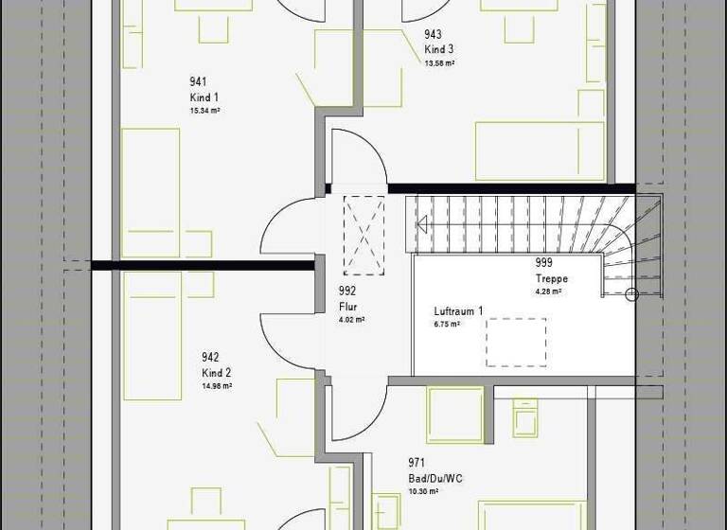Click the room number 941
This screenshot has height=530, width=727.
[198, 82]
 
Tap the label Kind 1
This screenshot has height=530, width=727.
[204, 97]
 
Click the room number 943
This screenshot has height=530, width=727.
[433, 34]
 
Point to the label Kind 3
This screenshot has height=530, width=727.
[439, 49]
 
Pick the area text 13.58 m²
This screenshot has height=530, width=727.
[440, 62]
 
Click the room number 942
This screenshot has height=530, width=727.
[210, 358]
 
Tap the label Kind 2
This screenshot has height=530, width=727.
[216, 373]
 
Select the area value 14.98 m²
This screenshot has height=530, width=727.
[217, 386]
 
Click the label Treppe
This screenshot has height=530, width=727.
[550, 279]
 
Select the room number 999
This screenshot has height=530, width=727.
[543, 264]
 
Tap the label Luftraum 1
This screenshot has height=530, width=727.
[458, 311]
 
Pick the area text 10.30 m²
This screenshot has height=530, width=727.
[423, 491]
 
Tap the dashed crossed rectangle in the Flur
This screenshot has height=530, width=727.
[364, 235]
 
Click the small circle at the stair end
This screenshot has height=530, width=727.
[632, 295]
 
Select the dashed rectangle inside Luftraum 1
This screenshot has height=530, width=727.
[517, 342]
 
